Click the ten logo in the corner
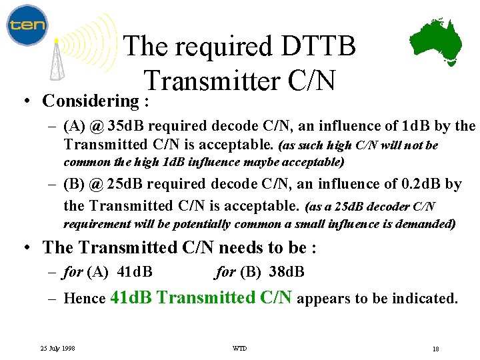pos(27,25)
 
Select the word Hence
pos(85,299)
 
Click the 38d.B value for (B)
pos(287,271)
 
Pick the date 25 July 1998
pos(57,348)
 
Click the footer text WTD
pos(239,348)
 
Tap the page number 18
pos(435,349)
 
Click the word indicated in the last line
pos(423,299)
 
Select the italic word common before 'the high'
pos(85,162)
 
